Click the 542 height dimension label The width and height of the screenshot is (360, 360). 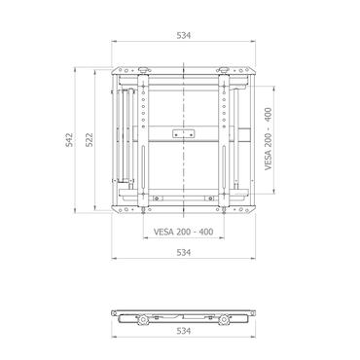[68, 141]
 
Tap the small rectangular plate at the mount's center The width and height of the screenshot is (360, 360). [178, 132]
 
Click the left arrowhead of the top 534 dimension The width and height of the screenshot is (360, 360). [114, 42]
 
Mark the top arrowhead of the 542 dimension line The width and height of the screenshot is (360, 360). [78, 68]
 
